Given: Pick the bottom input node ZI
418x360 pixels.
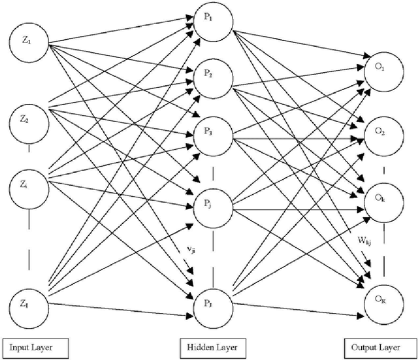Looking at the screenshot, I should (26, 303).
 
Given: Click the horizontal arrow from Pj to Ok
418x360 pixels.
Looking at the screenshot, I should (294, 209).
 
